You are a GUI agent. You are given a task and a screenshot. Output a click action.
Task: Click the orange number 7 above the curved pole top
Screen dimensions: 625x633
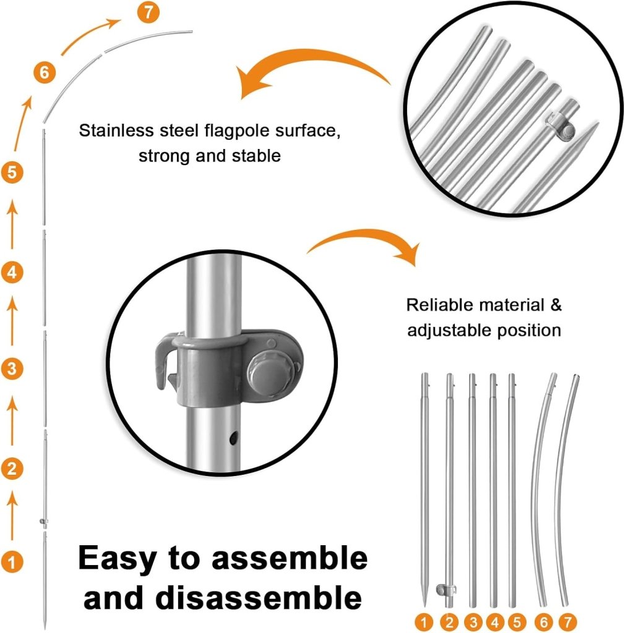coord(149,12)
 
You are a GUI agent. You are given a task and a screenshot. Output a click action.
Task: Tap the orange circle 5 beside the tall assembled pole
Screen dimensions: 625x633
coord(12,172)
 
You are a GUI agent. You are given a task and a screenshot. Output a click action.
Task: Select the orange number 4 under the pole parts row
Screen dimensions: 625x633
coord(495,622)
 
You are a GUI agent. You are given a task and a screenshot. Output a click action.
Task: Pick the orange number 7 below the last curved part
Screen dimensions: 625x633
coord(567,622)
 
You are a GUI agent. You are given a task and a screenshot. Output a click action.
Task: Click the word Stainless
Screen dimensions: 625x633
coord(116,130)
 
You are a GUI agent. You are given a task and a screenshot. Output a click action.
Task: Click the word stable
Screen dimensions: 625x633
coord(256,156)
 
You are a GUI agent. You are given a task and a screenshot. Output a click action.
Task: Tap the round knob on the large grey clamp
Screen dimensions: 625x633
coord(270,371)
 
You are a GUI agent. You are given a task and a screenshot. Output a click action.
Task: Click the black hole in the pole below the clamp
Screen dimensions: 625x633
coord(233,438)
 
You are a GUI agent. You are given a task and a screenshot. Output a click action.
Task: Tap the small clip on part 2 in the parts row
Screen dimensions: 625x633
coord(446,590)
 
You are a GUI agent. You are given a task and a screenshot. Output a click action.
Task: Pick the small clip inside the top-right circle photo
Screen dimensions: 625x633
coord(561,127)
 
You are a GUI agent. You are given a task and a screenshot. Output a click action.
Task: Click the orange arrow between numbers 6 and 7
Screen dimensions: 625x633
coord(90,35)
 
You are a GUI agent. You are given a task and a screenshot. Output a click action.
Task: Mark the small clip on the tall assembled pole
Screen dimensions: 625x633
coord(44,522)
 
